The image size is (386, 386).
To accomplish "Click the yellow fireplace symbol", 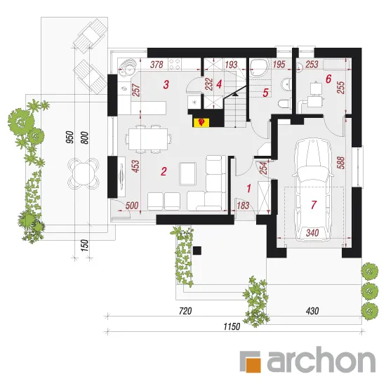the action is pos(201,122).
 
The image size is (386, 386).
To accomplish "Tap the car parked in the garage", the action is pos(312,190).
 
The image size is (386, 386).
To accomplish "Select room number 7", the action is pos(314,204).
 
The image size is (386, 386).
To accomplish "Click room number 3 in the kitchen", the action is pos(166,84).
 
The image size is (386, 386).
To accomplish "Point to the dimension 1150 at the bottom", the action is pos(232,326).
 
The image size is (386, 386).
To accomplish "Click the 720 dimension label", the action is pos(185,311).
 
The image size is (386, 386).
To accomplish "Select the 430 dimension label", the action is pos(312,311).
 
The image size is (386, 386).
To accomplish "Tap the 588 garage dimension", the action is pos(341,163).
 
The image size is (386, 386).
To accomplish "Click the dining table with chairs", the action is pos(148,139).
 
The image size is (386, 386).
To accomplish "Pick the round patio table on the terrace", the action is pos(84,172).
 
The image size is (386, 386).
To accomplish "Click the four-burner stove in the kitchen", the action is pos(175,64).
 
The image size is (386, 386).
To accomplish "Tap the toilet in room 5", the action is pos(284,103).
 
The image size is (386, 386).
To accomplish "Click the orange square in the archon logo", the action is pos(253,364).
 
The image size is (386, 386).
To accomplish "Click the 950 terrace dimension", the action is pos(69,137).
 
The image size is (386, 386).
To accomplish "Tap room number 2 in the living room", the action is pos(164,171).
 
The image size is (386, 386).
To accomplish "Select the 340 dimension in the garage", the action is pos(312,232).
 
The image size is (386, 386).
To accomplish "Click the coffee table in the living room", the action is pos(188,173).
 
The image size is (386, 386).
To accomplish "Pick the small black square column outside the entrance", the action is pos(197,251).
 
